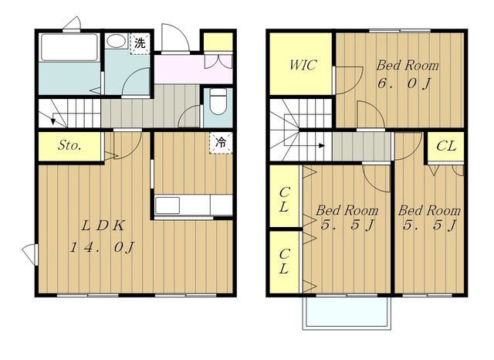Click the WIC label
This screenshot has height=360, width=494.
point(303,65)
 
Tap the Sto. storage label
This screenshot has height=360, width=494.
point(69,145)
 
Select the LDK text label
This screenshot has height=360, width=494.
point(103,226)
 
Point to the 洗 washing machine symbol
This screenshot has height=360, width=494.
point(140,43)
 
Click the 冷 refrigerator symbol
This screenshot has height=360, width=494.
point(221,143)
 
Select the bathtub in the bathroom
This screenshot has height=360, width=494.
point(69,47)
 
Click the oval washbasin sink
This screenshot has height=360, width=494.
point(115,41)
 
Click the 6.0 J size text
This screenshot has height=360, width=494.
point(404,84)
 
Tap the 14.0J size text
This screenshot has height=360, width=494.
point(102,247)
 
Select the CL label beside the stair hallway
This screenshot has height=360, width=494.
point(446,146)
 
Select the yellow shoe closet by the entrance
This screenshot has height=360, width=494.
point(218,42)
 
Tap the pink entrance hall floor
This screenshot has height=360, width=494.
point(193,70)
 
